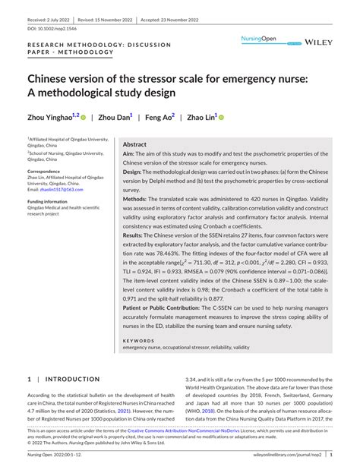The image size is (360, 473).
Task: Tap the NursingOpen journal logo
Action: (260, 38)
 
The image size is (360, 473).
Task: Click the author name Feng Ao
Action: (159, 118)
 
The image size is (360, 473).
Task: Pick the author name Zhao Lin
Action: (201, 118)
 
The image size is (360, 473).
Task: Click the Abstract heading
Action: (135, 143)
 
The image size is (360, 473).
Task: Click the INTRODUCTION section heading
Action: (72, 379)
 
